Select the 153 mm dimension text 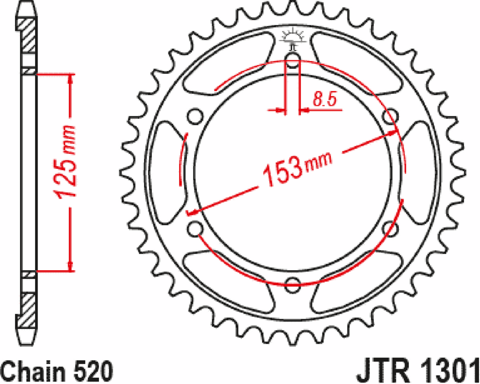click(295, 170)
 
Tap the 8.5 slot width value click(324, 100)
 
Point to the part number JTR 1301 click(417, 372)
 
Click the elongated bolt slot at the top click(293, 62)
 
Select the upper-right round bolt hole click(391, 117)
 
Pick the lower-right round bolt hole click(391, 229)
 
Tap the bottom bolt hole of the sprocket click(293, 285)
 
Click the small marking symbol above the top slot click(293, 38)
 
